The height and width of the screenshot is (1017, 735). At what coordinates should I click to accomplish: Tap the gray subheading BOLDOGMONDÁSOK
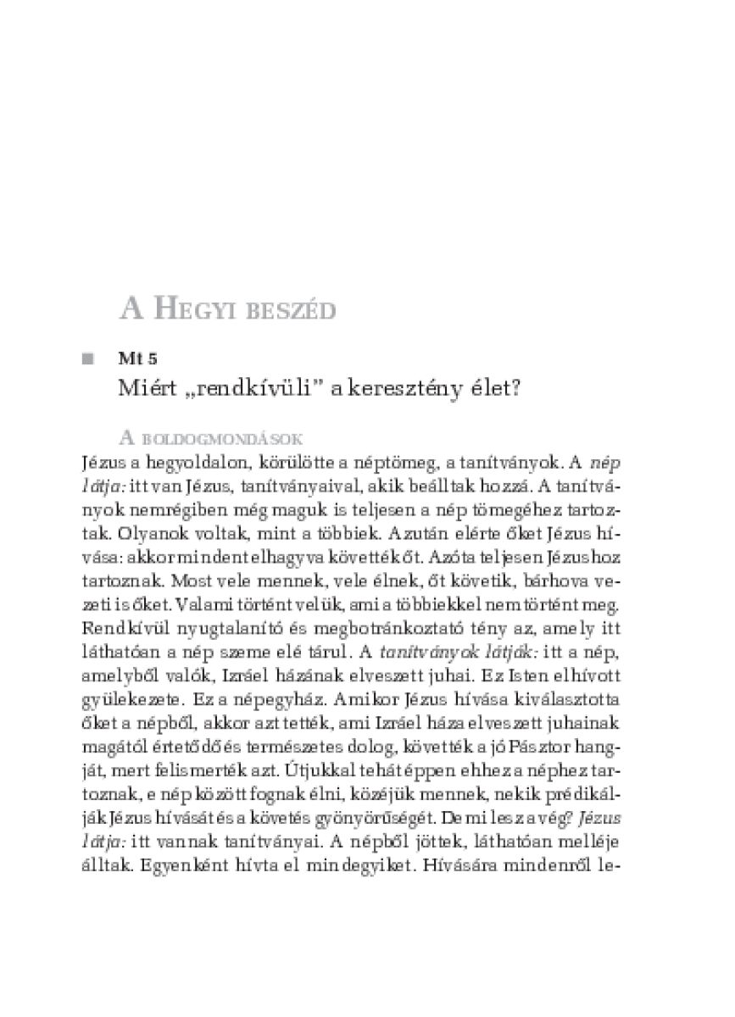[222, 439]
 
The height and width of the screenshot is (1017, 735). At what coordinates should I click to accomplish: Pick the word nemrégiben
[161, 512]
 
